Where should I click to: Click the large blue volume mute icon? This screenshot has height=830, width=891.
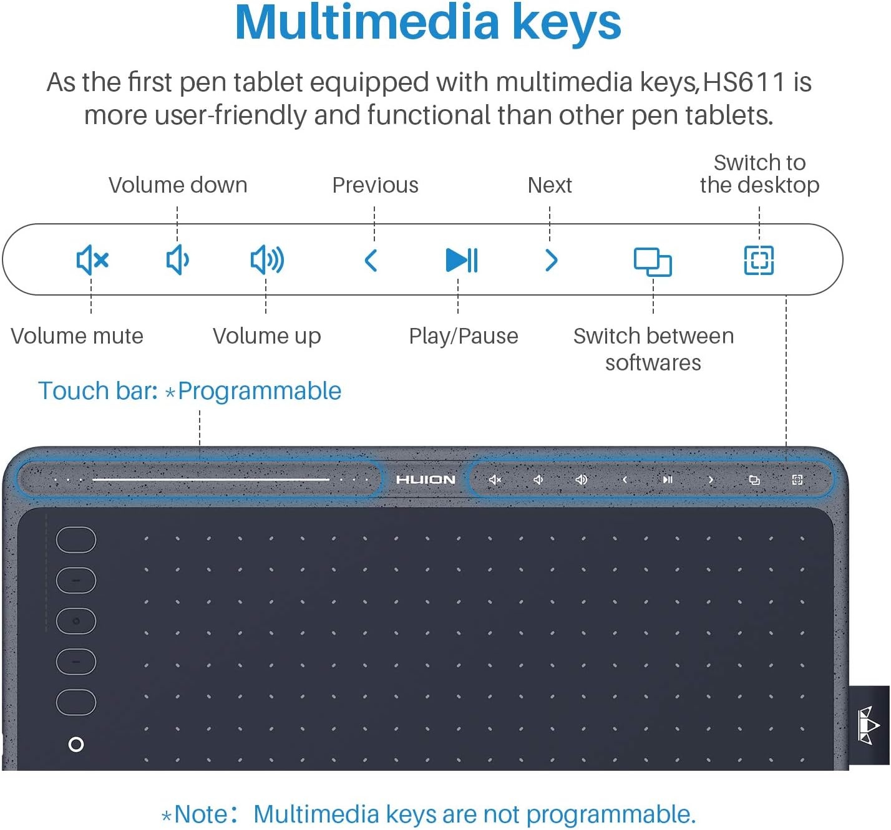(92, 259)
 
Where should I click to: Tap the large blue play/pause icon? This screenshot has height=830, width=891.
(462, 260)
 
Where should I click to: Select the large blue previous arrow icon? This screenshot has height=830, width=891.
(371, 261)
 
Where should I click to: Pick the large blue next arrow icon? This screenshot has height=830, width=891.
(552, 261)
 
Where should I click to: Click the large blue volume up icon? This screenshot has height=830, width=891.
(267, 259)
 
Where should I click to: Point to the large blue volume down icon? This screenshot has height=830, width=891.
(177, 259)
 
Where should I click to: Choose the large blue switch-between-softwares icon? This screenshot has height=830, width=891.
(652, 262)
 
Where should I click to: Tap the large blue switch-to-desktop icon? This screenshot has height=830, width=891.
(759, 260)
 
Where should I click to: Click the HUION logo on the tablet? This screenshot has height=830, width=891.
(426, 480)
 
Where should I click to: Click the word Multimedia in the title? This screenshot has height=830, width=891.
(366, 22)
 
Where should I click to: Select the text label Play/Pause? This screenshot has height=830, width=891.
(464, 336)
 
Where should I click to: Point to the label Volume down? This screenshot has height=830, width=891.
(178, 185)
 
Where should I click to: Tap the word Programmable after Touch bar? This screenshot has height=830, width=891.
(260, 391)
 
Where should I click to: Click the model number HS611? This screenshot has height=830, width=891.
(744, 82)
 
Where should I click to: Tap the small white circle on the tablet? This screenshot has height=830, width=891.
(76, 744)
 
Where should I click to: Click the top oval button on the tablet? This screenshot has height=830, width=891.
(76, 540)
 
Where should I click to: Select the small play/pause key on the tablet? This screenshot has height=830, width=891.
(668, 480)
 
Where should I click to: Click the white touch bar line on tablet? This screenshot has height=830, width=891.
(211, 480)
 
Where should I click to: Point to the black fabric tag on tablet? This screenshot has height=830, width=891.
(869, 725)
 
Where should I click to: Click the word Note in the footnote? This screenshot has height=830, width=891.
(202, 814)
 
